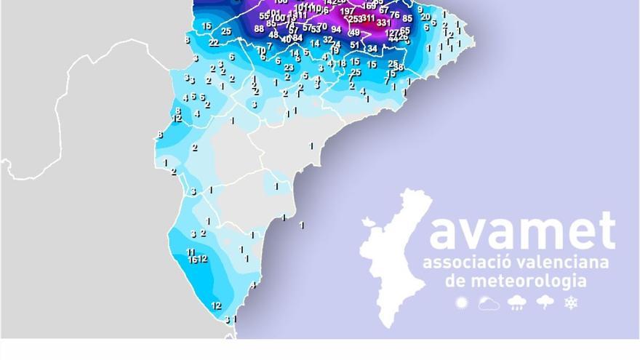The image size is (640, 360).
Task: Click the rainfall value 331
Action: (x=384, y=23)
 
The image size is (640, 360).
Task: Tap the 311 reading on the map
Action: (x=369, y=18)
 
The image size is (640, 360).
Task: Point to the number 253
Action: (x=355, y=20)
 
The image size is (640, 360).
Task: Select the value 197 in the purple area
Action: (x=348, y=11)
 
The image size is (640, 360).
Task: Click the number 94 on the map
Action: (x=336, y=30)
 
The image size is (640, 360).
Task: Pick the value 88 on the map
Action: (x=259, y=29)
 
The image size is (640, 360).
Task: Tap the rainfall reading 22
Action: (x=214, y=43)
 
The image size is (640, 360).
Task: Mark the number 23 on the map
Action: (x=289, y=68)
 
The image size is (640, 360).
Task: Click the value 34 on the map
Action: (x=372, y=49)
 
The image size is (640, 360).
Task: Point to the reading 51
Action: (x=355, y=45)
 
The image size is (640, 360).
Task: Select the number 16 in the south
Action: (x=193, y=260)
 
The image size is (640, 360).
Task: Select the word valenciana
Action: (x=564, y=263)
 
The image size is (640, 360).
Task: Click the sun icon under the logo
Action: (x=460, y=303)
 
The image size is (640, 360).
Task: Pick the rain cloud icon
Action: (x=516, y=303)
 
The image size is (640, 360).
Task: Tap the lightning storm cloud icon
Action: (x=544, y=303)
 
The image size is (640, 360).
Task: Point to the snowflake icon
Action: (x=571, y=303)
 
